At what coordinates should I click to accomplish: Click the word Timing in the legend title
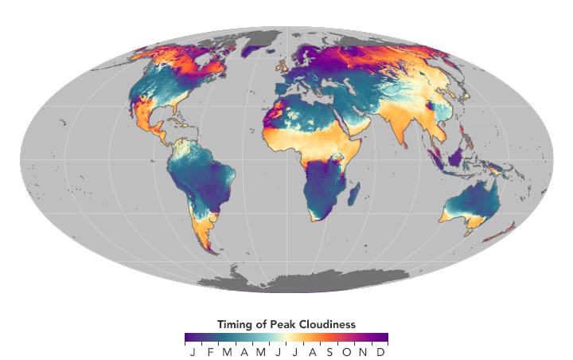232,324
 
